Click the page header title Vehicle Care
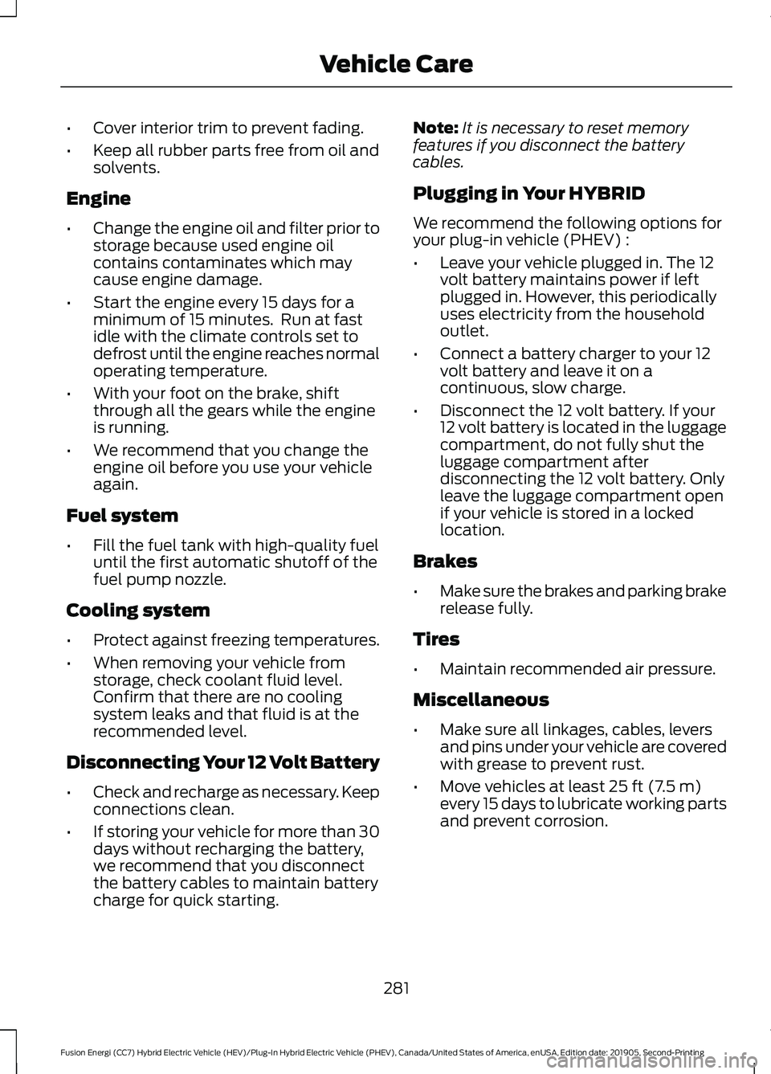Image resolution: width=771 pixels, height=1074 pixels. tap(396, 63)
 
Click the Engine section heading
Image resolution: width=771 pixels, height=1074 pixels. tap(98, 198)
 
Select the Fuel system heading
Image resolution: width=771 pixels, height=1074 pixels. tap(122, 516)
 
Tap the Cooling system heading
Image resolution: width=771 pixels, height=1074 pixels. tap(138, 611)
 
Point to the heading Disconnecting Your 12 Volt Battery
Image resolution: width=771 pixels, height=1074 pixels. tap(222, 762)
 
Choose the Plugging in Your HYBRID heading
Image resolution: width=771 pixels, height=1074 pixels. tap(528, 194)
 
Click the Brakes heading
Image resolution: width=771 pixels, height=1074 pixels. tap(445, 562)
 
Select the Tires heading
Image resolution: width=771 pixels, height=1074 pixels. tap(436, 639)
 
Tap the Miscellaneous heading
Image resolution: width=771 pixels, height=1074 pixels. tap(481, 700)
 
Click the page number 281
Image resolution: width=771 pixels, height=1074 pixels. tap(396, 988)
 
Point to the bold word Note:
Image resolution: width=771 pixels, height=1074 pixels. tap(434, 129)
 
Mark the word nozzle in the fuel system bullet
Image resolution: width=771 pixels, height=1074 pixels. tap(200, 579)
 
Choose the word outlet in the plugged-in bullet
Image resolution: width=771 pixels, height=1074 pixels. tap(463, 331)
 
